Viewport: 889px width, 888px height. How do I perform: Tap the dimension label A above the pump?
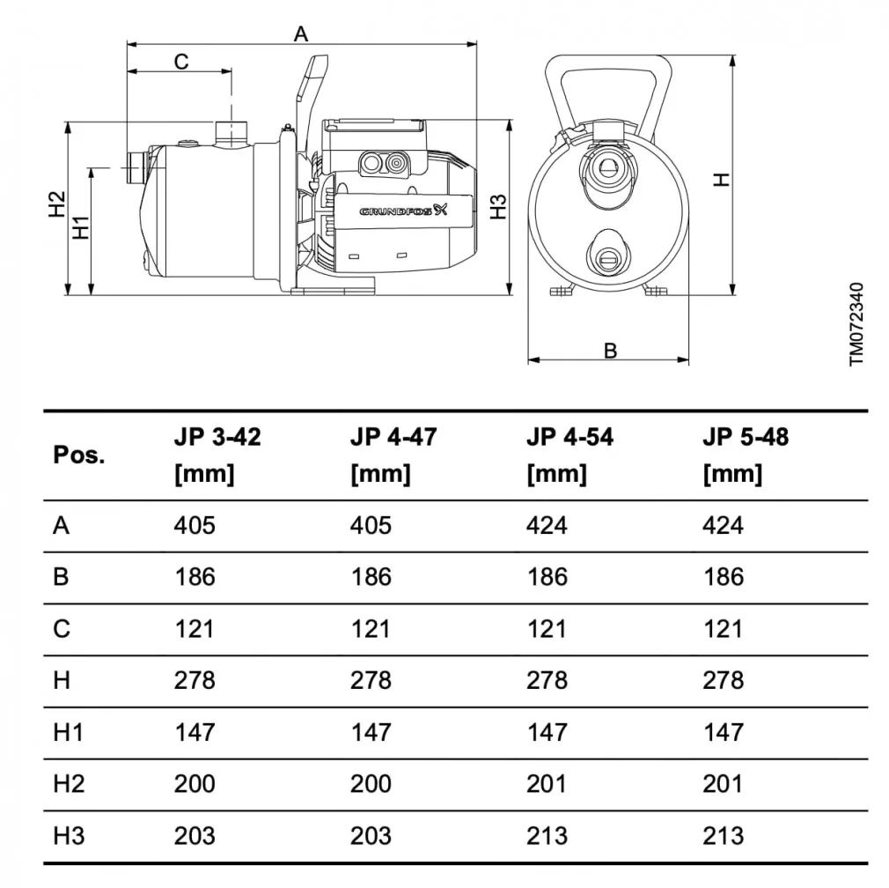[301, 33]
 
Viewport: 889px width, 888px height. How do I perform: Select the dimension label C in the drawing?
[180, 62]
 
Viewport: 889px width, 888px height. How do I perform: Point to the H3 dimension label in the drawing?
[499, 206]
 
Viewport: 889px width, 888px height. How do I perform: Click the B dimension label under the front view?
[610, 351]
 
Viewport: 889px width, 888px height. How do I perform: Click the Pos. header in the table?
[78, 455]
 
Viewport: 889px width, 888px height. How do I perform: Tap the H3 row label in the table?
[69, 835]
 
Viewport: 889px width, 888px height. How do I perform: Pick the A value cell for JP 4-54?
[547, 526]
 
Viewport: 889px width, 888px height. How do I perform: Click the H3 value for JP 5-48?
[723, 835]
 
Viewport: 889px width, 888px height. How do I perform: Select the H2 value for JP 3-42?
[195, 783]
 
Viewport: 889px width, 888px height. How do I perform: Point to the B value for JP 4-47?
[371, 577]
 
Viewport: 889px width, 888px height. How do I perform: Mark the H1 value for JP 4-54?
[547, 732]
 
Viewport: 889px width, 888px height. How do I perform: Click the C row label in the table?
[61, 629]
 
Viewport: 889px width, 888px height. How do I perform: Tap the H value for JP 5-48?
[723, 680]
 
